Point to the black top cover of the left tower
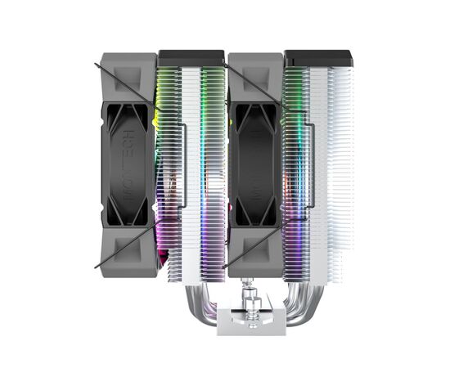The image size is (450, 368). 191,57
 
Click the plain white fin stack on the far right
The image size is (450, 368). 340,164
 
